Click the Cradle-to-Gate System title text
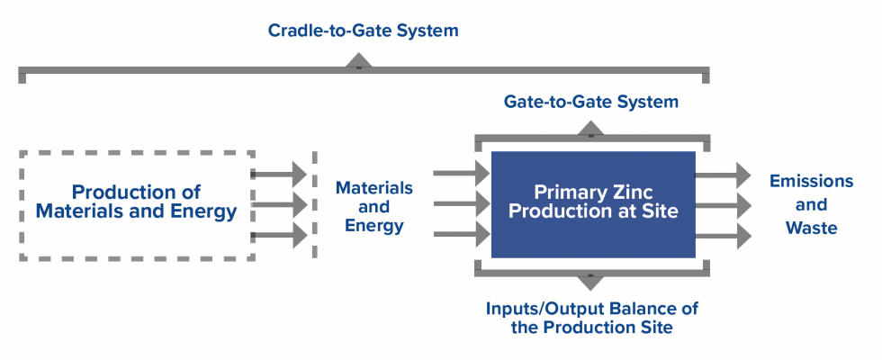click(x=363, y=31)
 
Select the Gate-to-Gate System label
click(x=591, y=102)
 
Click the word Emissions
click(x=810, y=181)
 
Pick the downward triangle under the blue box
click(x=590, y=281)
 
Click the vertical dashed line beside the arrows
click(x=314, y=205)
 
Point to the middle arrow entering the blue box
click(x=462, y=205)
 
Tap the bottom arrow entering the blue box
click(x=462, y=236)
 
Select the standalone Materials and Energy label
click(x=373, y=207)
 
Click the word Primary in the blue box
click(x=564, y=192)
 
